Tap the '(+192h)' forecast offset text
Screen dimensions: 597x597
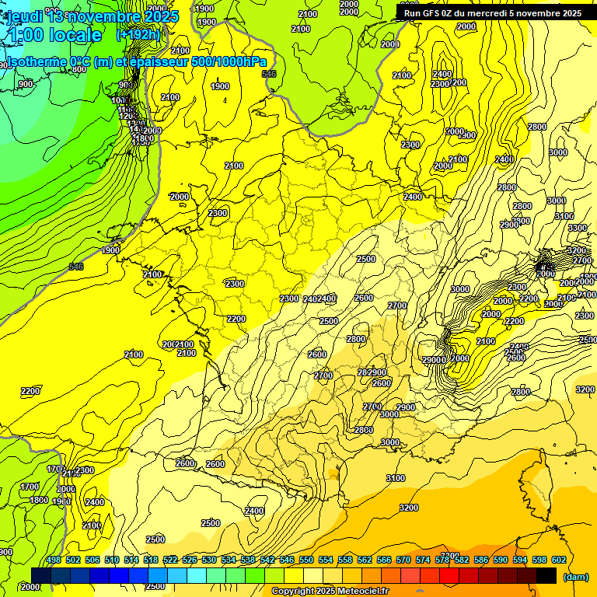coord(138,34)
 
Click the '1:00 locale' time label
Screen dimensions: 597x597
coord(54,35)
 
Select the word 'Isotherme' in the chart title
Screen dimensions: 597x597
coord(36,61)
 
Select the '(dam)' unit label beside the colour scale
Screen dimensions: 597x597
coord(574,576)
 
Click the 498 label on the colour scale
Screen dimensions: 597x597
coord(54,560)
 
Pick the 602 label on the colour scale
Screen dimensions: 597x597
coord(558,560)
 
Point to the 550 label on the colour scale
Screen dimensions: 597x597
coord(306,560)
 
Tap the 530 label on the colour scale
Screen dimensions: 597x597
coord(209,560)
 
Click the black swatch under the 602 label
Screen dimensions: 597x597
coord(546,575)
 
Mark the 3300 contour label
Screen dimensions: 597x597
coord(578,228)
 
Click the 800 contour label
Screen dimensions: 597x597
coord(79,69)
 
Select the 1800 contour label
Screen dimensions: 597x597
coord(39,500)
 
